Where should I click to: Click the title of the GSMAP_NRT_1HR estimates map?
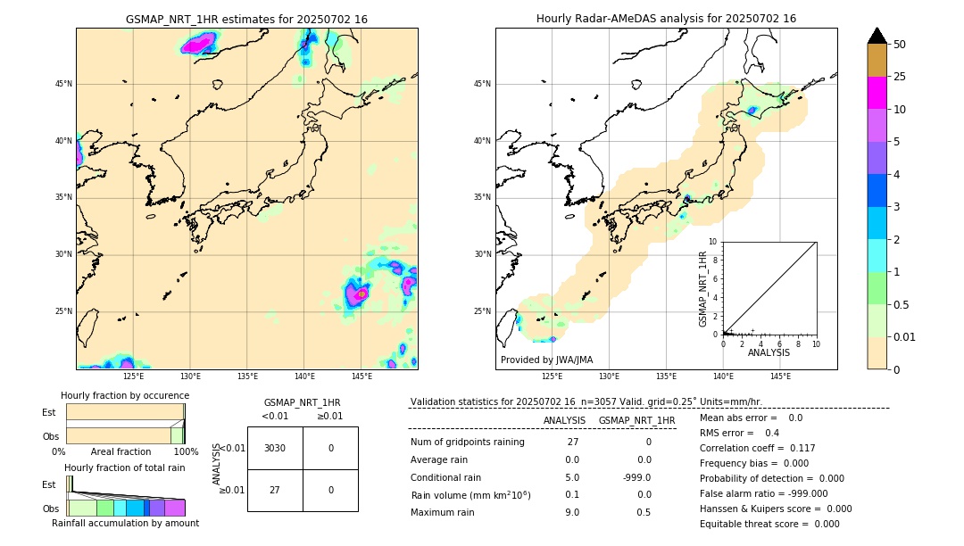[246, 19]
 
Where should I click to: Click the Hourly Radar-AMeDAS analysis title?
[666, 19]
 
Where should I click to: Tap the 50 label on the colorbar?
[900, 45]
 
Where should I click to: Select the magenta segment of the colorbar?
[877, 93]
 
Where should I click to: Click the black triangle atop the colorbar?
[877, 36]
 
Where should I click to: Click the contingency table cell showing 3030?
[275, 448]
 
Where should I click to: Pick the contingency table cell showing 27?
[275, 490]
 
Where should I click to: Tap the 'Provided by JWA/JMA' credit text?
[546, 360]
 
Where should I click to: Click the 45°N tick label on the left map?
[63, 84]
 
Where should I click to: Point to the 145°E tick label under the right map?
[780, 376]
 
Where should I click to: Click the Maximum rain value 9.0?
[572, 512]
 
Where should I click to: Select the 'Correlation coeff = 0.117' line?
[757, 448]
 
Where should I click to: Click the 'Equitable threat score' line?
[769, 524]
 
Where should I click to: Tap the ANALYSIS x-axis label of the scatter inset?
[769, 353]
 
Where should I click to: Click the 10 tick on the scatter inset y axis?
[713, 242]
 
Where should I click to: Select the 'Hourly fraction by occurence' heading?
[125, 395]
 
